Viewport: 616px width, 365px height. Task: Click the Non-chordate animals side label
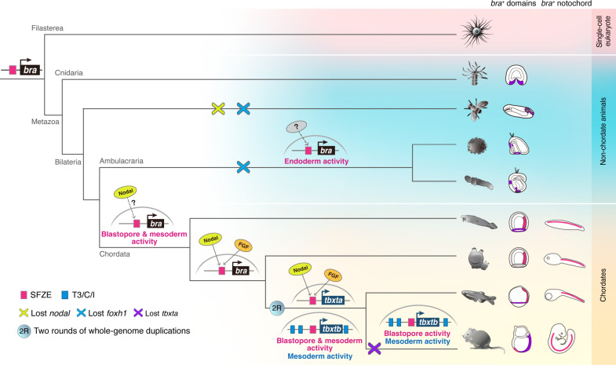604,130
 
